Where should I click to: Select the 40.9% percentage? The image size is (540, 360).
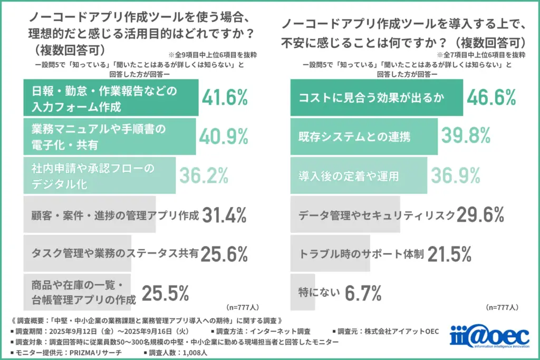tap(223, 137)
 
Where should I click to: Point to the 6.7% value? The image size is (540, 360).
tap(363, 293)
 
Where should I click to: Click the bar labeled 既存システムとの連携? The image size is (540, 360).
tap(364, 137)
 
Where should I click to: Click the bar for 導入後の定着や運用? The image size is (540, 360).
tap(359, 176)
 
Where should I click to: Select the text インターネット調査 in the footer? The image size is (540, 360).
tap(279, 331)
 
